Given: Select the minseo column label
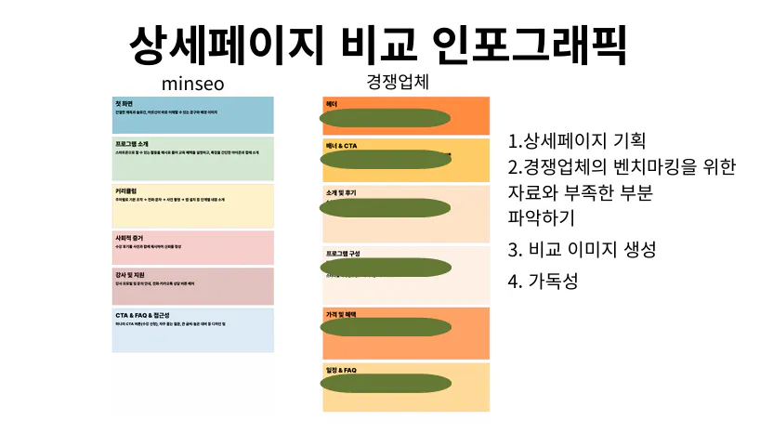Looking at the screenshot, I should [192, 85].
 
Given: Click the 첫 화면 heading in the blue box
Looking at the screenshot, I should [124, 102].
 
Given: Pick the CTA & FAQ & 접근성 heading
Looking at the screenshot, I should [150, 315].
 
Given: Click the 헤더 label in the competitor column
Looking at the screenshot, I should [331, 103].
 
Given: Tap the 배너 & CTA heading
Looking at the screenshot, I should [341, 146].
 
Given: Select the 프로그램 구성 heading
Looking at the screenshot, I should [345, 252].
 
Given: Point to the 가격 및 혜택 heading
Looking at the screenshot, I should [343, 313].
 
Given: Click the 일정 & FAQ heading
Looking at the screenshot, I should [341, 370].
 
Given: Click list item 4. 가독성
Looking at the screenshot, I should [544, 280].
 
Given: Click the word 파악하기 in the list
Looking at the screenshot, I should [542, 218].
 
